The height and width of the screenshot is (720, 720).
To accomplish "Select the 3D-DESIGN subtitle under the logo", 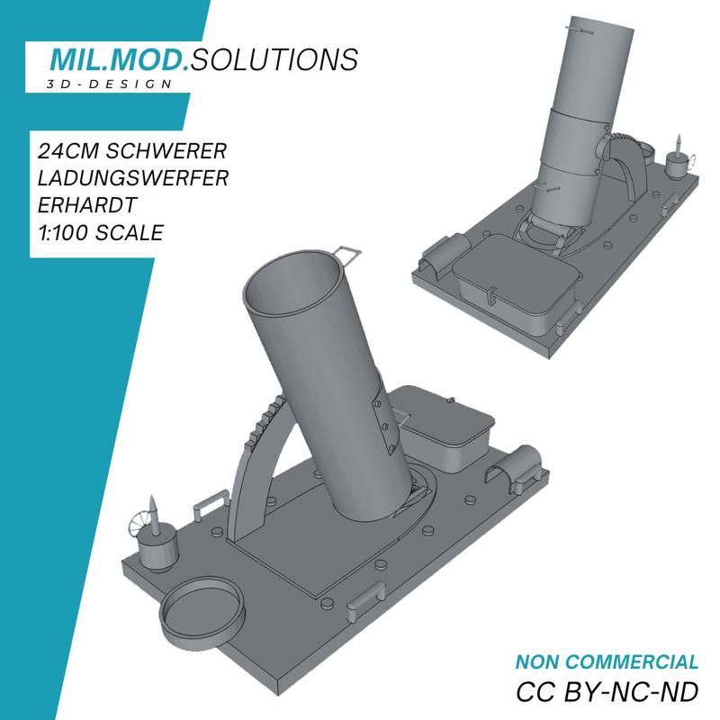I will (x=109, y=84).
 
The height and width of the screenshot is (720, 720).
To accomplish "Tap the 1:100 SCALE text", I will (x=100, y=233).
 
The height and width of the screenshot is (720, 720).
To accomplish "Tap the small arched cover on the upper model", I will (x=445, y=251).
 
